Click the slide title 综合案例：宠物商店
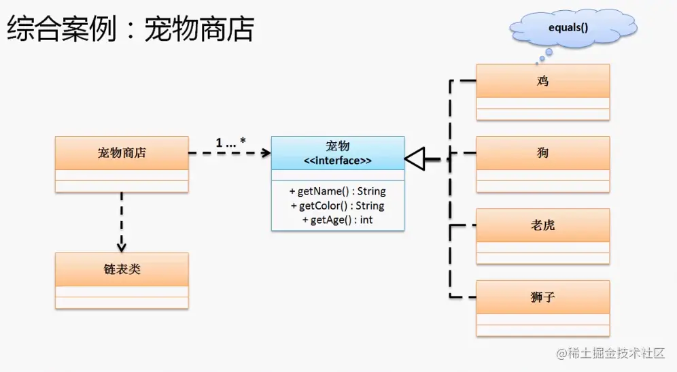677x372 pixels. tap(130, 29)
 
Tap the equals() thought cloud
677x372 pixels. tap(568, 29)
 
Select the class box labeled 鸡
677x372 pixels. tap(542, 81)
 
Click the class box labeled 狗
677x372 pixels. tap(542, 154)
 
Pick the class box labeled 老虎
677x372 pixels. tap(542, 225)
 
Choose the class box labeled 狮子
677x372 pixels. tap(542, 297)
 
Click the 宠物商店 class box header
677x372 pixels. tap(121, 153)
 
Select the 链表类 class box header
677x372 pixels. tap(121, 269)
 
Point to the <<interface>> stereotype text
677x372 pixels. tap(337, 161)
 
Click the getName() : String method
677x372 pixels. tap(337, 191)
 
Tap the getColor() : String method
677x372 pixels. tap(337, 205)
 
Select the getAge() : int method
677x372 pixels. tap(337, 220)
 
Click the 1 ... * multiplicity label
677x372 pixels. tap(230, 142)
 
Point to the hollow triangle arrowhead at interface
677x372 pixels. tap(415, 159)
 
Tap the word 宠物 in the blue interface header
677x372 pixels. tap(337, 146)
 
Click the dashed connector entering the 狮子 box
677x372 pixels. tap(462, 297)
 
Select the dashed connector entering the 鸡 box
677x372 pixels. tap(462, 81)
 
